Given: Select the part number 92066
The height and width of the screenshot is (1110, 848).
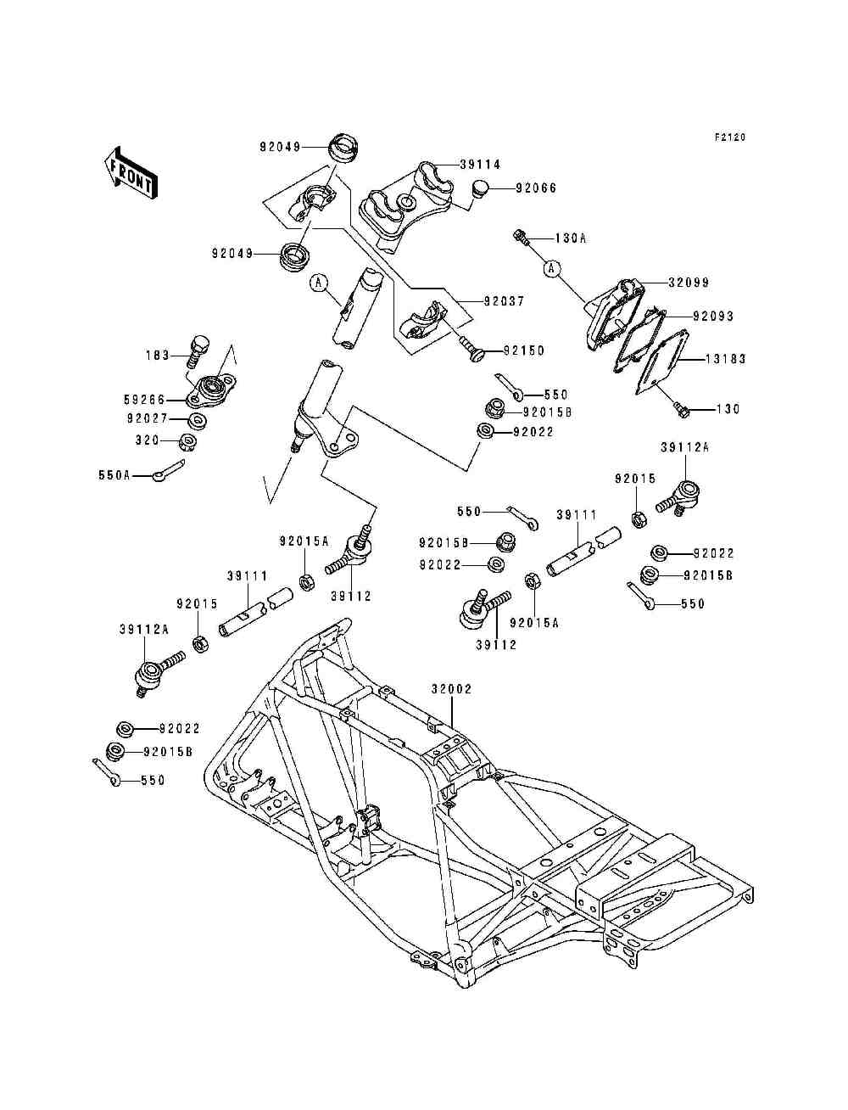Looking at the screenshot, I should click(536, 188).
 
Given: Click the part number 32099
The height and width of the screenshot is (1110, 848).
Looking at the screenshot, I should click(688, 283).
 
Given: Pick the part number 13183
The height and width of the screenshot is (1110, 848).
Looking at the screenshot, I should click(726, 359).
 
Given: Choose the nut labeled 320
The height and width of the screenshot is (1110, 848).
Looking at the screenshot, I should click(189, 441).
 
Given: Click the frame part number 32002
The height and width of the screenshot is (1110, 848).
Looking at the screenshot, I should click(451, 689).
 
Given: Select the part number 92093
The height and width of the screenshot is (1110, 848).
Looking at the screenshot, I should click(712, 316).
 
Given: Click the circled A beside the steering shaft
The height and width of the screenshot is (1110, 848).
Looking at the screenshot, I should click(318, 283).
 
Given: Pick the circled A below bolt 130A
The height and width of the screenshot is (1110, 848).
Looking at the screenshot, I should click(552, 269).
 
